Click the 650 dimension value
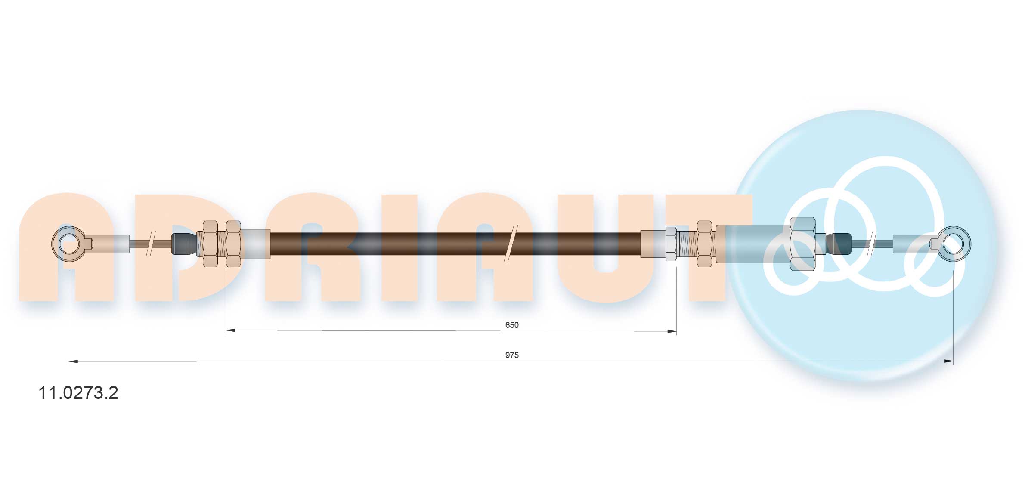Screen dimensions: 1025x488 (511, 325)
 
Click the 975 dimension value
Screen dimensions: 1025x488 (511, 355)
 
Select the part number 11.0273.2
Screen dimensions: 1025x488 (78, 393)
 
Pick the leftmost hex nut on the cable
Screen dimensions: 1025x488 (210, 244)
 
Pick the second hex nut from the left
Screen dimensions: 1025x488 (233, 244)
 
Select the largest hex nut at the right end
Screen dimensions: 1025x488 (803, 244)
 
